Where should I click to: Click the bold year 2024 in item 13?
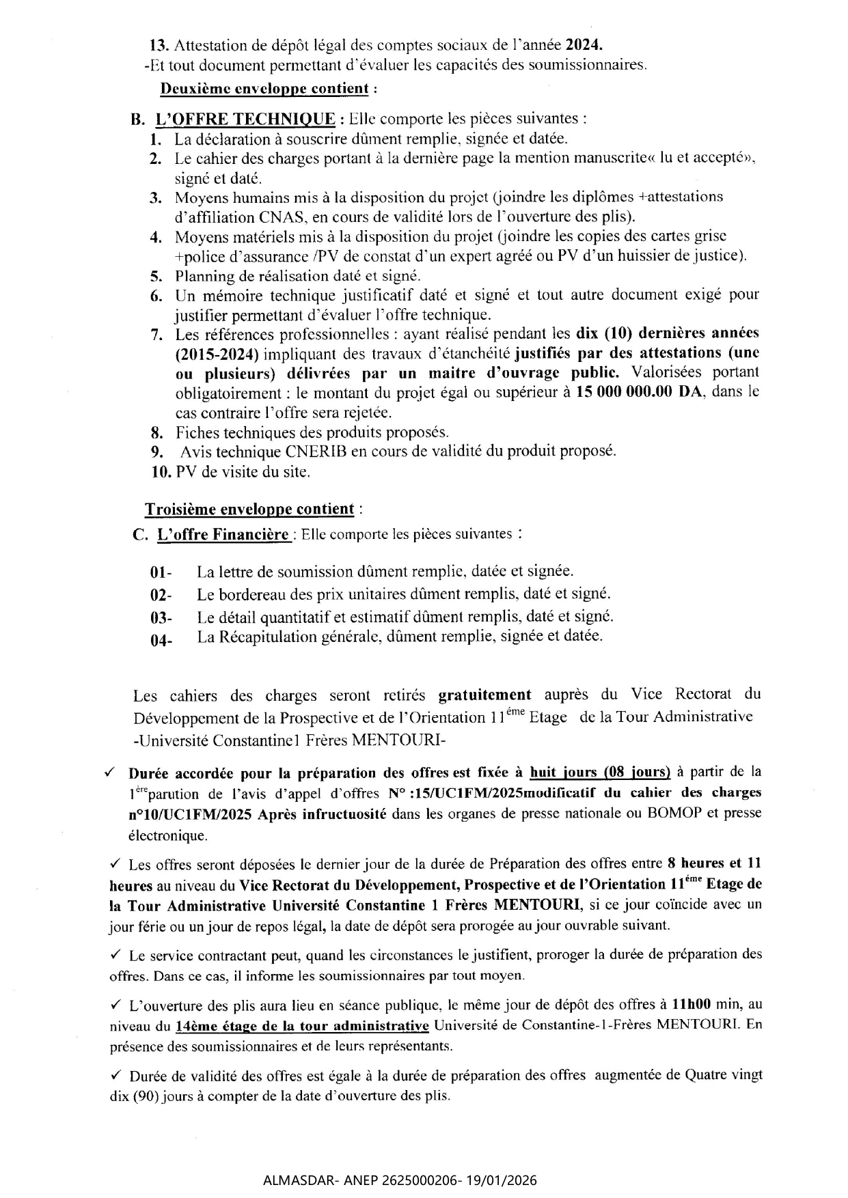585,46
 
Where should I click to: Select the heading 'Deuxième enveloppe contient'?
264,89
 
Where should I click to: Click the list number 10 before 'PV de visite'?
161,472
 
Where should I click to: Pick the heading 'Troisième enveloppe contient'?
249,510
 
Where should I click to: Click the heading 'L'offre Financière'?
223,535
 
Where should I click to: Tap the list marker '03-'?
161,618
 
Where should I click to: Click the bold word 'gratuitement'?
484,695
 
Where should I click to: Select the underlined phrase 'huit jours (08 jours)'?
600,772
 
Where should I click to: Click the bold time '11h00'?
692,1005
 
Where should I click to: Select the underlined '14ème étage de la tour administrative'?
302,1026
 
